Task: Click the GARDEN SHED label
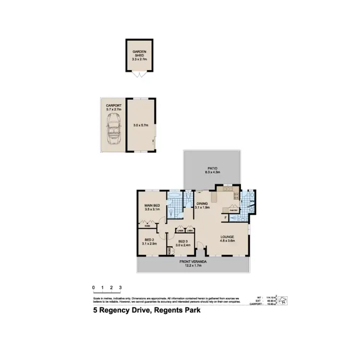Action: coord(139,55)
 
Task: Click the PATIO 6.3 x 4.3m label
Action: coord(212,169)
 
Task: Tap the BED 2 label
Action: coord(148,241)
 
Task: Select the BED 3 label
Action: coord(182,243)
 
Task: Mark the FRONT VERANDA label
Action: coord(193,263)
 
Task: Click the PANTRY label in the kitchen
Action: coord(233,210)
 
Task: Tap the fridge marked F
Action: coord(226,218)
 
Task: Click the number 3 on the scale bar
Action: coord(120,288)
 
